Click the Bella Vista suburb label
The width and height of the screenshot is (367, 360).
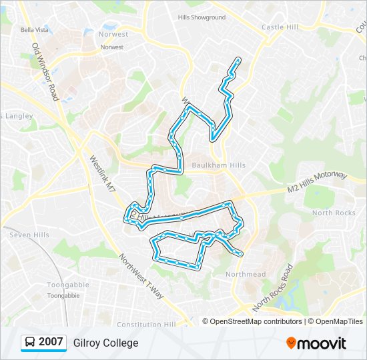35,30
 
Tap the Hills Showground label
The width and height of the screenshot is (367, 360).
202,17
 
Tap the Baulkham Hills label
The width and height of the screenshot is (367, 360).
218,165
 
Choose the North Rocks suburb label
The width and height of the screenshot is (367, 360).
333,213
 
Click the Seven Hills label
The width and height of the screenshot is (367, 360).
29,235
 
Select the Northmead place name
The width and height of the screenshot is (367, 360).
246,275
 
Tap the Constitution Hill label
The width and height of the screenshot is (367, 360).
145,324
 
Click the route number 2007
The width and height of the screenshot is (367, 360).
51,343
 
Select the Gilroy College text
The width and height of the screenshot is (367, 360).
106,343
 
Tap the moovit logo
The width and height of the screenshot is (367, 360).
316,343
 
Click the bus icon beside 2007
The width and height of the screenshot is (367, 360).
30,343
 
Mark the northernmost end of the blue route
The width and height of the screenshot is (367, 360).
238,60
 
